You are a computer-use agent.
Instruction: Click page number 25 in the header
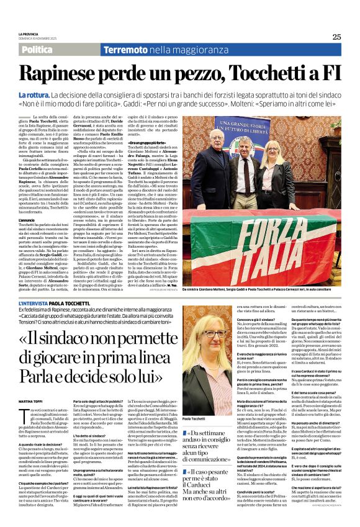336,37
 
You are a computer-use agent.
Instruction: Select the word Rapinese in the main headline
68,73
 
